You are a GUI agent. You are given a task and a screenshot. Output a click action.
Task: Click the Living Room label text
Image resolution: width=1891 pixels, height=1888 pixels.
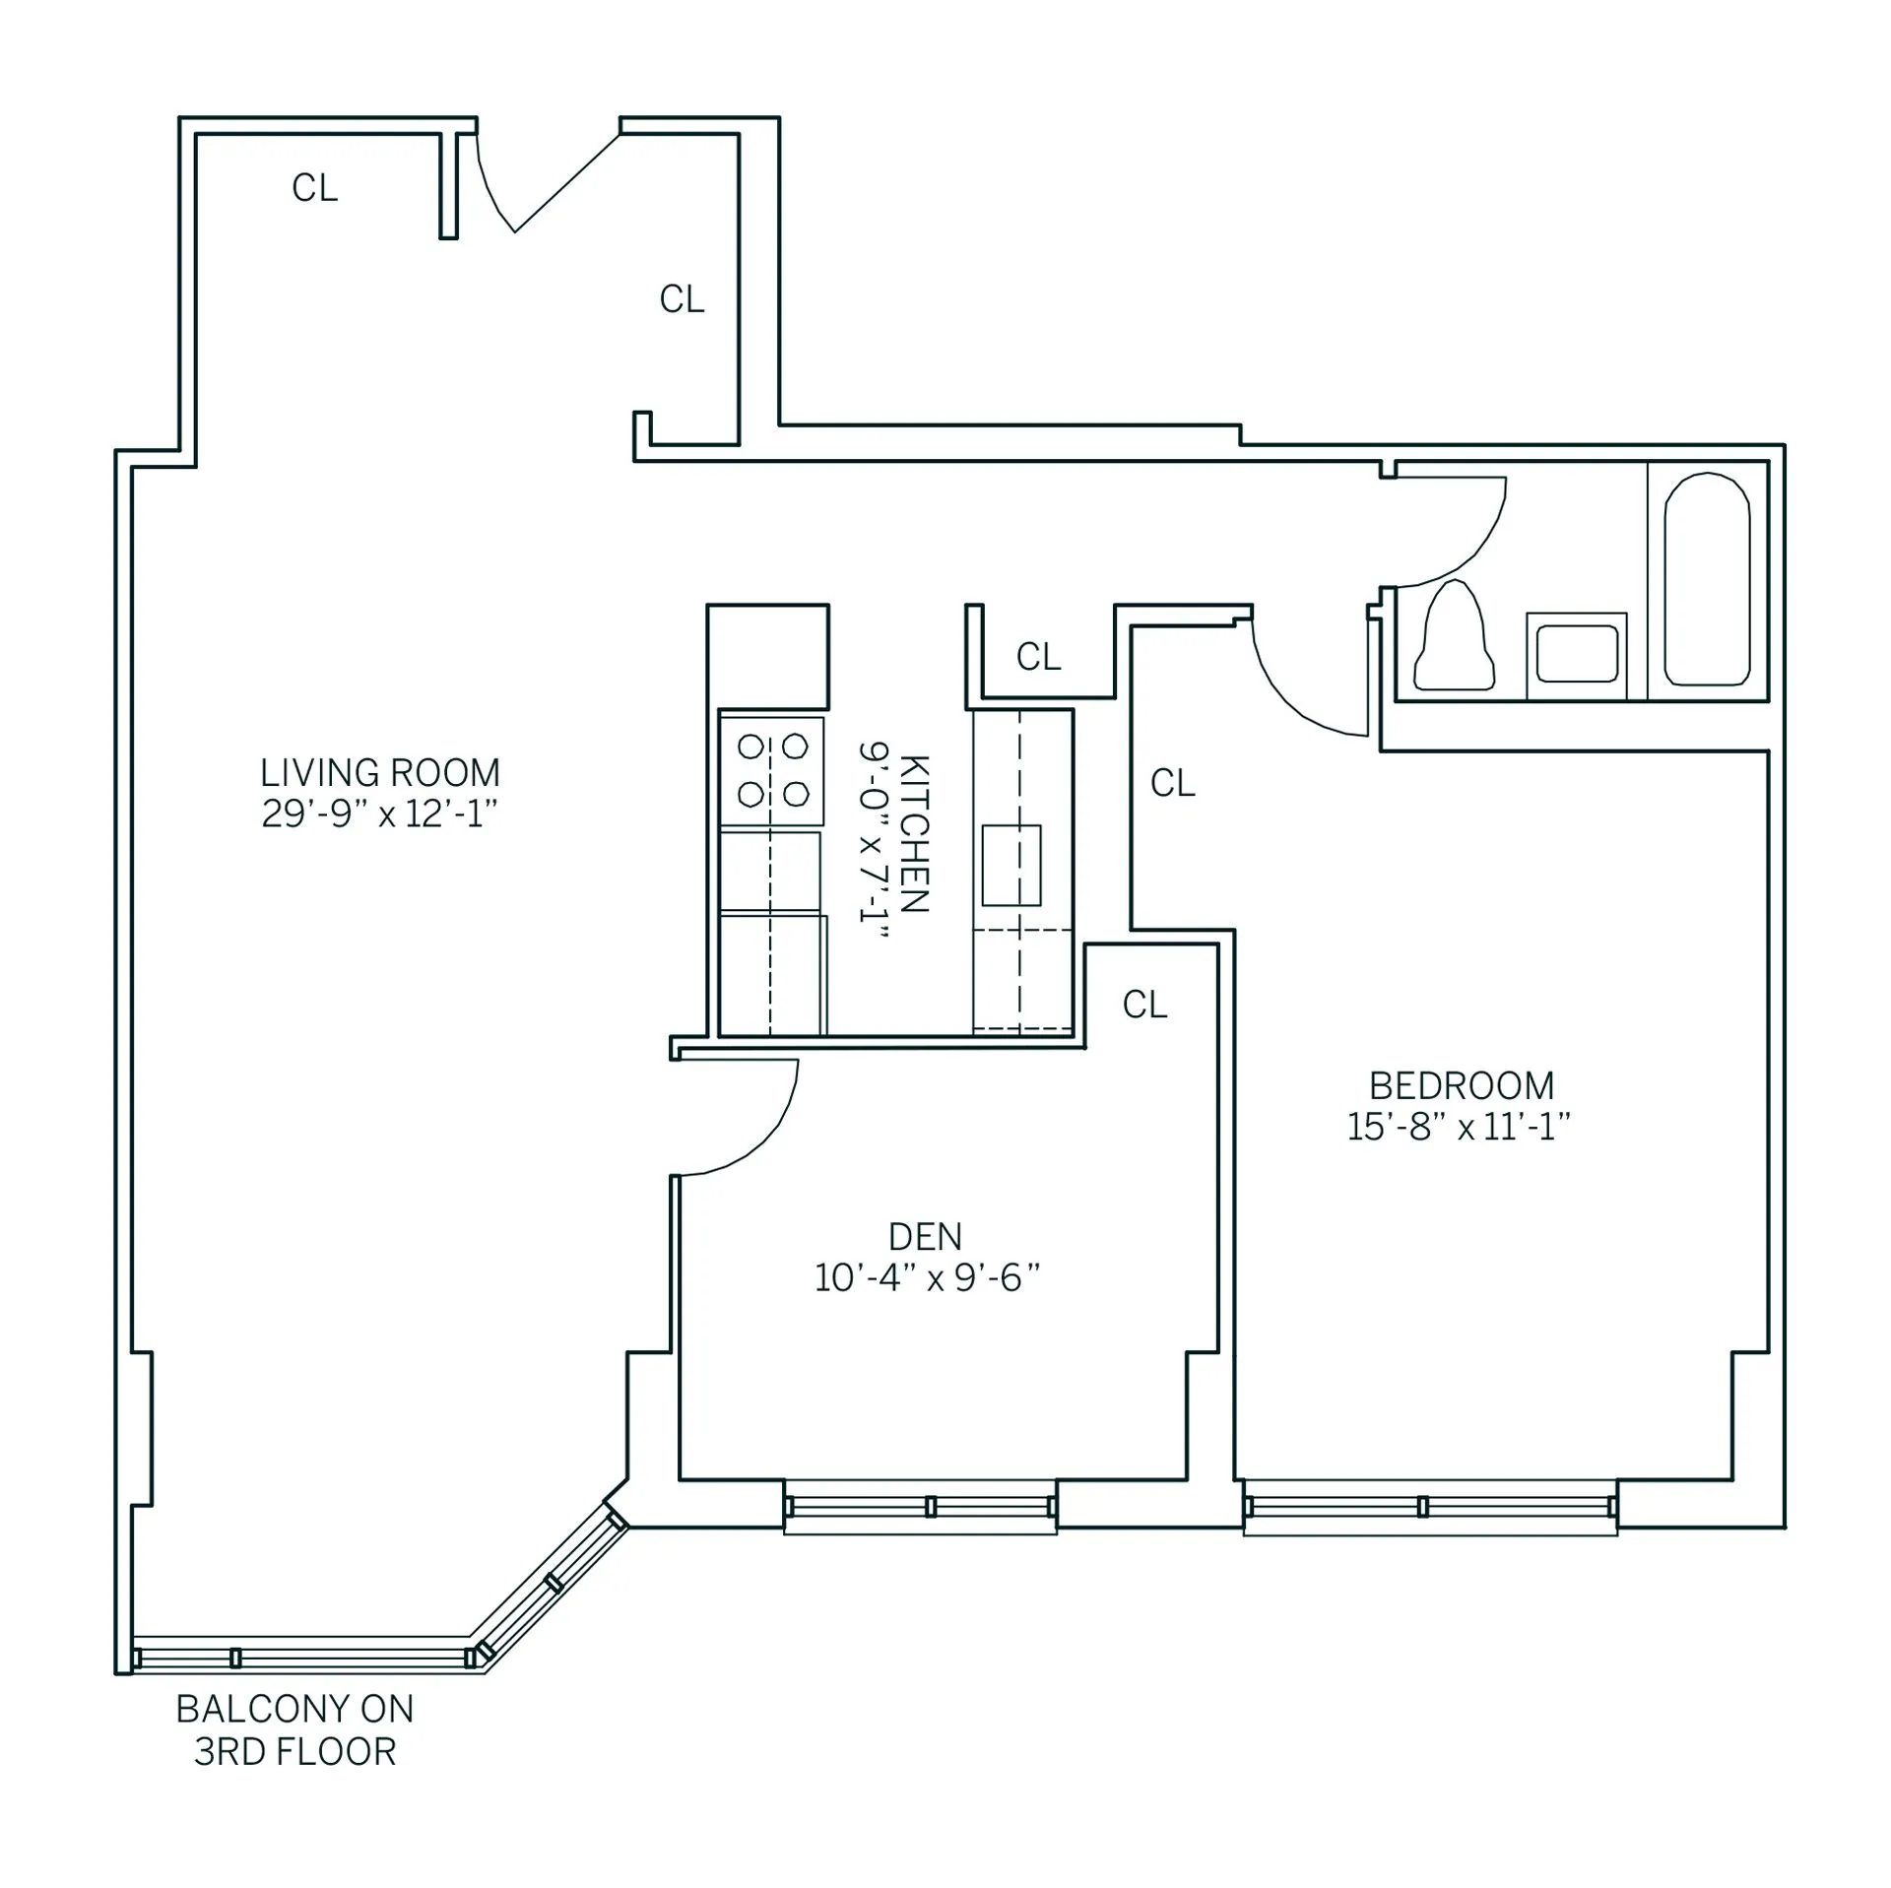point(379,772)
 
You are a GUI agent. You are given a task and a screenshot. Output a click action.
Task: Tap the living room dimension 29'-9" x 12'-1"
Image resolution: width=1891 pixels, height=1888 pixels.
point(379,814)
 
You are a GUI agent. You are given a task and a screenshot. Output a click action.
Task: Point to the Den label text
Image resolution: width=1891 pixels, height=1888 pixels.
point(925,1236)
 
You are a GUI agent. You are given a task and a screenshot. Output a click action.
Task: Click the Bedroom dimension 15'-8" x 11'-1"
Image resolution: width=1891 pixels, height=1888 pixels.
point(1458,1127)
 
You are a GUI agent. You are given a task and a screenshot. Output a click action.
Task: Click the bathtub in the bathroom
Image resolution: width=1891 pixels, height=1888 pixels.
point(1707,579)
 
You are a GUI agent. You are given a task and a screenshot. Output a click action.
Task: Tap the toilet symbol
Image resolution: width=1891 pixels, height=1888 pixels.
point(1454,637)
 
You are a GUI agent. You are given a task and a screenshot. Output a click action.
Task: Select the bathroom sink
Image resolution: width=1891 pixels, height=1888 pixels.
point(1576,652)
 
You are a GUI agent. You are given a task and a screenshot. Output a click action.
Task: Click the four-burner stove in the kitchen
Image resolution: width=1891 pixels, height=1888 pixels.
point(772,770)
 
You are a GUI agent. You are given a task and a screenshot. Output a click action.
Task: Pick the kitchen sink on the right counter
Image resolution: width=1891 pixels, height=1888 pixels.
point(1011,865)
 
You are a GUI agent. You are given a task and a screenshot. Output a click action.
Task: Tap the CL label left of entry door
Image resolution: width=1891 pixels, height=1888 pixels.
point(314,187)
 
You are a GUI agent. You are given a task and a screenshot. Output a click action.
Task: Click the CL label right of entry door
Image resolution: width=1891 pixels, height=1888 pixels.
point(682,299)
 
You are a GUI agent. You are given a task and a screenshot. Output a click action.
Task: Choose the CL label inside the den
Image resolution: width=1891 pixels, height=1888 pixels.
point(1144,1005)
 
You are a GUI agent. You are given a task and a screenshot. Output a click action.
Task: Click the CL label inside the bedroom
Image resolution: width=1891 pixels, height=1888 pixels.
point(1172,783)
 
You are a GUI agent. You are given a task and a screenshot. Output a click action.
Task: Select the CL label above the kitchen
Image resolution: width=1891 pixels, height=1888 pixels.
point(1038,657)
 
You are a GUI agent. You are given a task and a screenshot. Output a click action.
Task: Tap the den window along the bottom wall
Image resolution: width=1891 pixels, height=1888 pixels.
point(920,1507)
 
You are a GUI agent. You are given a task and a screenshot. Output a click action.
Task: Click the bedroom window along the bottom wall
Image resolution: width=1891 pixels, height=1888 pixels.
point(1429,1507)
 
